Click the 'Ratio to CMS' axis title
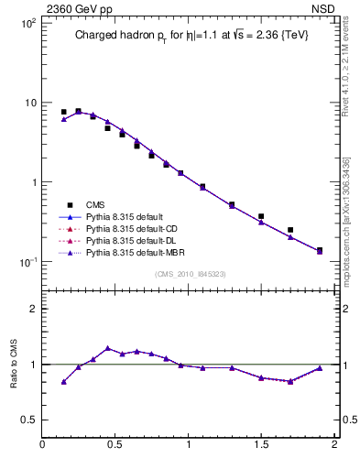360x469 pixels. (x=14, y=364)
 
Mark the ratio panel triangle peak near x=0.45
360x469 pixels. (x=108, y=348)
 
